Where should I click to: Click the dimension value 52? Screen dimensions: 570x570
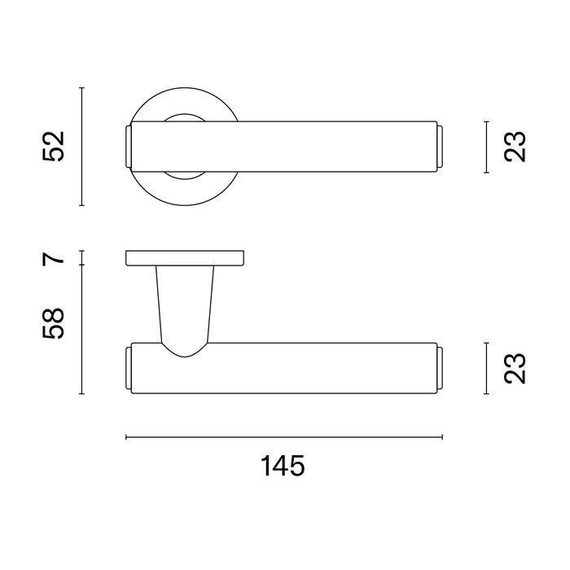[x=53, y=147]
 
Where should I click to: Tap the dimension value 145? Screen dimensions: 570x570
[x=283, y=467]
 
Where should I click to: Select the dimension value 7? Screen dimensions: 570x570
[x=53, y=259]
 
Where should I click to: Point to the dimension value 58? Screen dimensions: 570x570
[x=53, y=324]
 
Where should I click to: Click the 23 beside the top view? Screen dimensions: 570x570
[x=515, y=147]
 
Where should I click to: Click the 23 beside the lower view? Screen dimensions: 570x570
[x=515, y=368]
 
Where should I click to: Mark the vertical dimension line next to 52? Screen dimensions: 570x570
[x=82, y=147]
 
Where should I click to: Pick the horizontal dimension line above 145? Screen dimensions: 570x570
[x=283, y=438]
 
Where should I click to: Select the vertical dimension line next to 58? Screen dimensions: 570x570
[x=82, y=329]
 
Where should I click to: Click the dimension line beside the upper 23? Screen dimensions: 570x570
[x=486, y=147]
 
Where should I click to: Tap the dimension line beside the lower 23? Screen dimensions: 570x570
[x=486, y=368]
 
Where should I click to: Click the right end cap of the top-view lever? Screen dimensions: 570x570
[x=440, y=147]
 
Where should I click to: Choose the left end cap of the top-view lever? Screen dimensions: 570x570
[x=128, y=147]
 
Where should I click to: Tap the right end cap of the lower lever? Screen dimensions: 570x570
[x=440, y=368]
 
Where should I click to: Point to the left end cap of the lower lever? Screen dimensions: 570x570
[x=128, y=368]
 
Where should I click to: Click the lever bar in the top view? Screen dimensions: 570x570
[x=285, y=147]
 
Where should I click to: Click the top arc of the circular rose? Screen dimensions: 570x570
[x=185, y=87]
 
